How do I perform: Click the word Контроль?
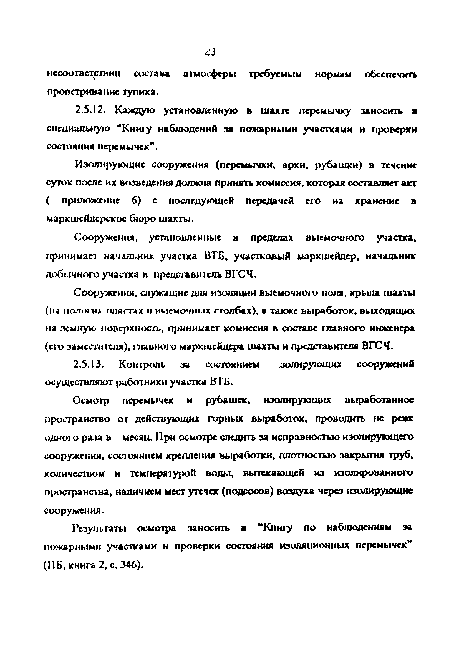[142, 365]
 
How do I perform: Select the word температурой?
[163, 473]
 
